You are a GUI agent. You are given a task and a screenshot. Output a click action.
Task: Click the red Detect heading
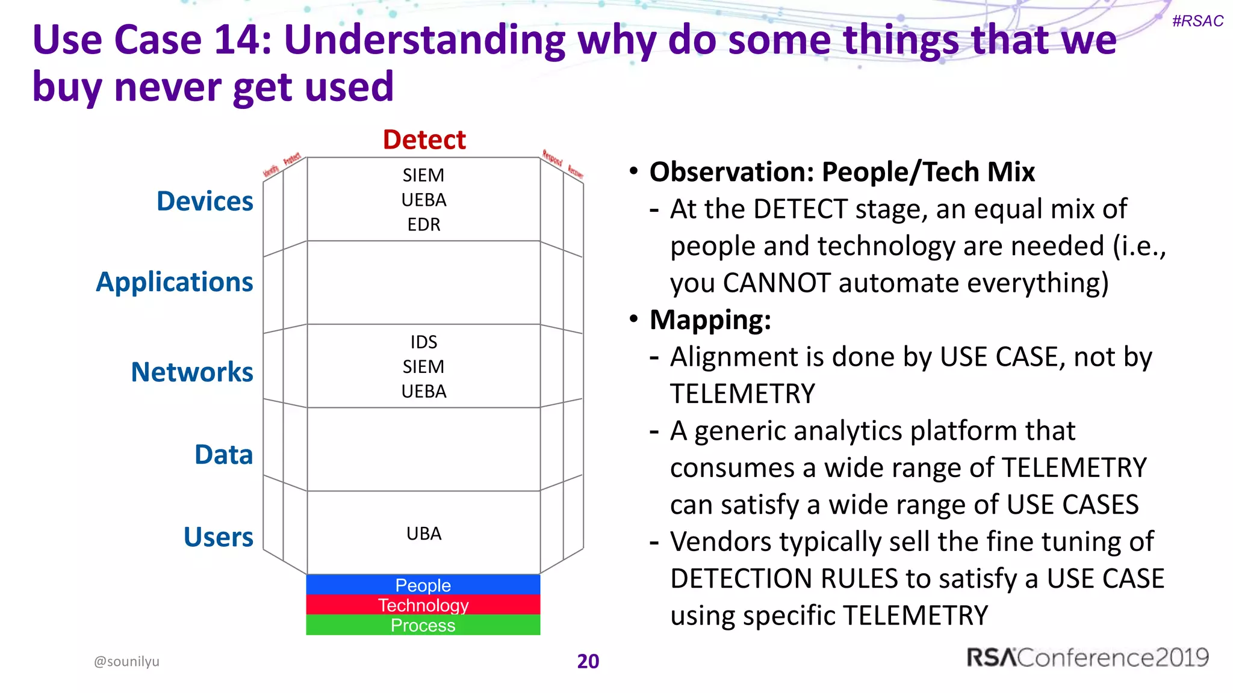pos(424,140)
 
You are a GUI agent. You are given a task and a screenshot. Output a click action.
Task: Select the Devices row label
pos(205,201)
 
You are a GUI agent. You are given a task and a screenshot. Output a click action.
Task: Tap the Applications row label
pos(175,282)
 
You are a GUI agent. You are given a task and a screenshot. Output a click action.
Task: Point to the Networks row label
pos(192,372)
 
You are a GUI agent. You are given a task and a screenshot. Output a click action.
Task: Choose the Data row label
pos(223,455)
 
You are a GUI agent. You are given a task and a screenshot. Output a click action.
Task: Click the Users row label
pos(218,537)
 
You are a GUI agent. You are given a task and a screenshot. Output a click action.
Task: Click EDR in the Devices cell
pos(424,225)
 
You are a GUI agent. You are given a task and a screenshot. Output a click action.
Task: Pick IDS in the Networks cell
pos(424,342)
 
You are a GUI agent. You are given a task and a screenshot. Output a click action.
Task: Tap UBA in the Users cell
pos(424,534)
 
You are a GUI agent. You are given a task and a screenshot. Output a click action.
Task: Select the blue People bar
pos(423,585)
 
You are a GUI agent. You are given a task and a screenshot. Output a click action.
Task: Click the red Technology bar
pos(423,605)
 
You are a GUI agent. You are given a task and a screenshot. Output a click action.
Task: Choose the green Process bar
pos(423,625)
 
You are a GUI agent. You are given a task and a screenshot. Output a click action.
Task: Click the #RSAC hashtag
pos(1197,21)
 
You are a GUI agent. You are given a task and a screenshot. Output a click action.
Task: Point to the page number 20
pos(588,661)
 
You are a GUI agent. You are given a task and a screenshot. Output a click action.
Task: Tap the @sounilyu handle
pos(126,661)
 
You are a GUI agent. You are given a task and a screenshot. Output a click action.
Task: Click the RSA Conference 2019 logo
pos(1087,658)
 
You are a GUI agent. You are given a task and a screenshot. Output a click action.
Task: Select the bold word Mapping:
pos(710,320)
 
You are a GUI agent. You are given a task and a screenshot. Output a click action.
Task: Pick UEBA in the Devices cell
pos(424,200)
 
